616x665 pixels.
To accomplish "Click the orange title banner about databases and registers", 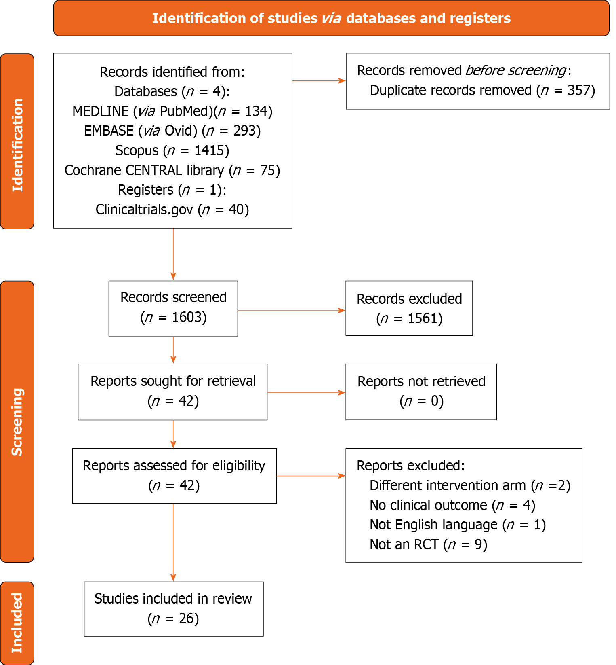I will point(331,18).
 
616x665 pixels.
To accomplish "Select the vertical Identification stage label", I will point(17,142).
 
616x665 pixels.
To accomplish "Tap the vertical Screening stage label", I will point(17,421).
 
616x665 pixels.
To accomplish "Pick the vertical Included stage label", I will point(17,623).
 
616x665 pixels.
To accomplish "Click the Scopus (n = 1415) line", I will point(172,150).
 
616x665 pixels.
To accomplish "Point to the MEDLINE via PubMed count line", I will point(172,111).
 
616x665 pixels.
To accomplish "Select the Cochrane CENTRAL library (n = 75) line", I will point(172,170).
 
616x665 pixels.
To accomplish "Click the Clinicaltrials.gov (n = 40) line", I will point(172,210).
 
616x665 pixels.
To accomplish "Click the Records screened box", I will point(173,308).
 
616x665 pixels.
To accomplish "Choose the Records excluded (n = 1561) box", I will point(409,308).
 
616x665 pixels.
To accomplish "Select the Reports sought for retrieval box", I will point(172,392).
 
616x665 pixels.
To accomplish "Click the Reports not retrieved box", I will point(421,392).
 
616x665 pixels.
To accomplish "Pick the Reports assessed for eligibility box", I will point(174,476).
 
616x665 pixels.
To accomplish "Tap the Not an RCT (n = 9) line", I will point(428,544).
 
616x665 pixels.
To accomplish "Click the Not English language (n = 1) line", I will point(457,525).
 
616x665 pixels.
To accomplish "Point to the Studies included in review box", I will point(173,609).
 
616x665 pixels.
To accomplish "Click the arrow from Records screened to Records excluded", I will point(291,311).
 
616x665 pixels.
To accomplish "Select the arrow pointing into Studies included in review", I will point(173,542).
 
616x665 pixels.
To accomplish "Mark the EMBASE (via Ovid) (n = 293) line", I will point(172,131).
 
